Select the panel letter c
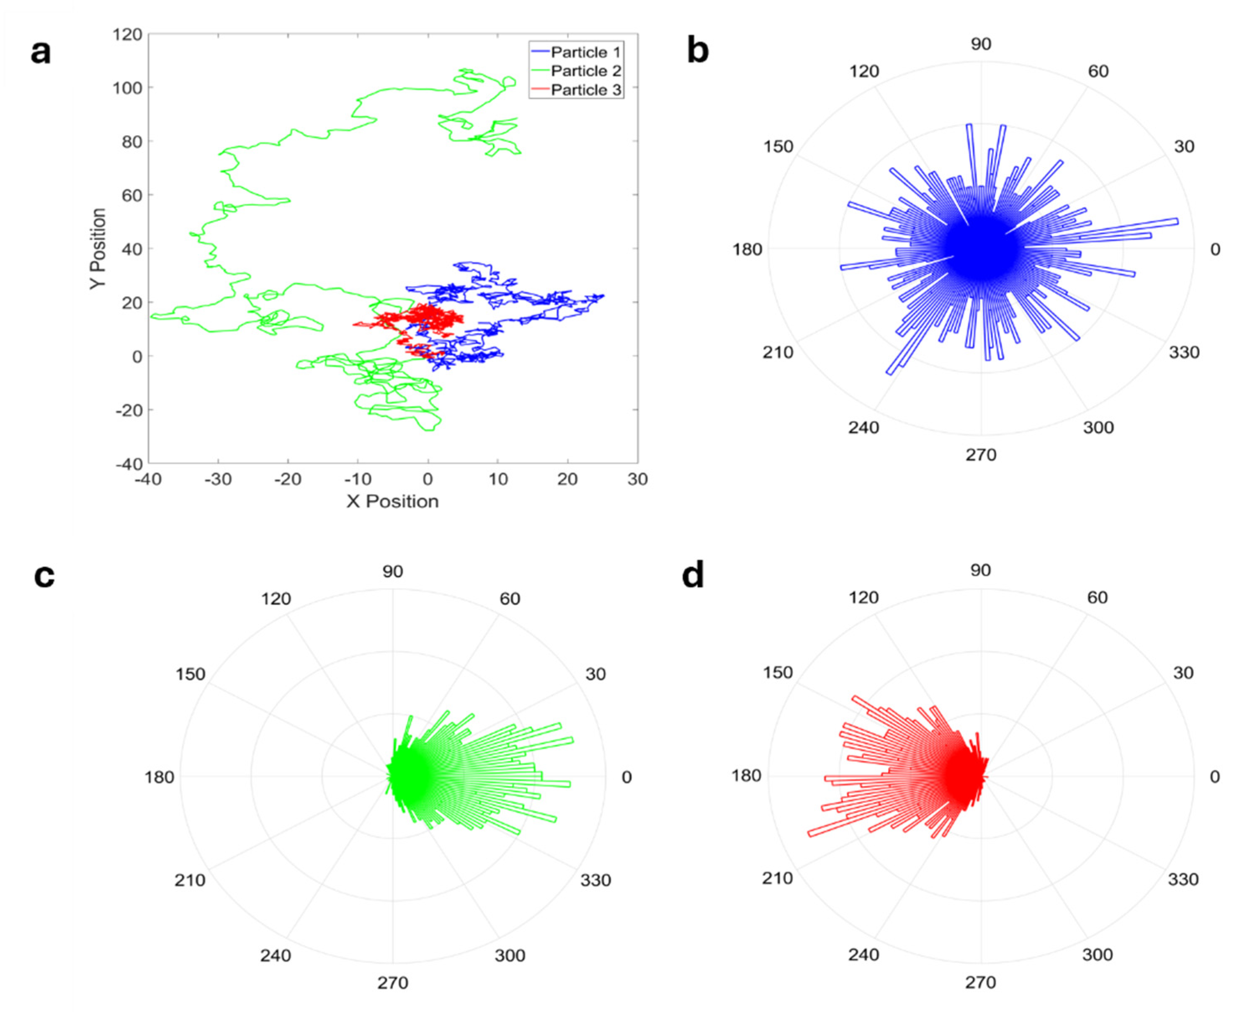pos(44,576)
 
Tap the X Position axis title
pos(392,501)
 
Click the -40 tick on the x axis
pos(148,479)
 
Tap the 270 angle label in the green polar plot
pos(392,983)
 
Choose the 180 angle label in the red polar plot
pos(747,776)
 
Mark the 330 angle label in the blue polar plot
pos(1184,352)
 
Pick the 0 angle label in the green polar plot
pos(626,777)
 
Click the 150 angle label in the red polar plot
pos(778,673)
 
